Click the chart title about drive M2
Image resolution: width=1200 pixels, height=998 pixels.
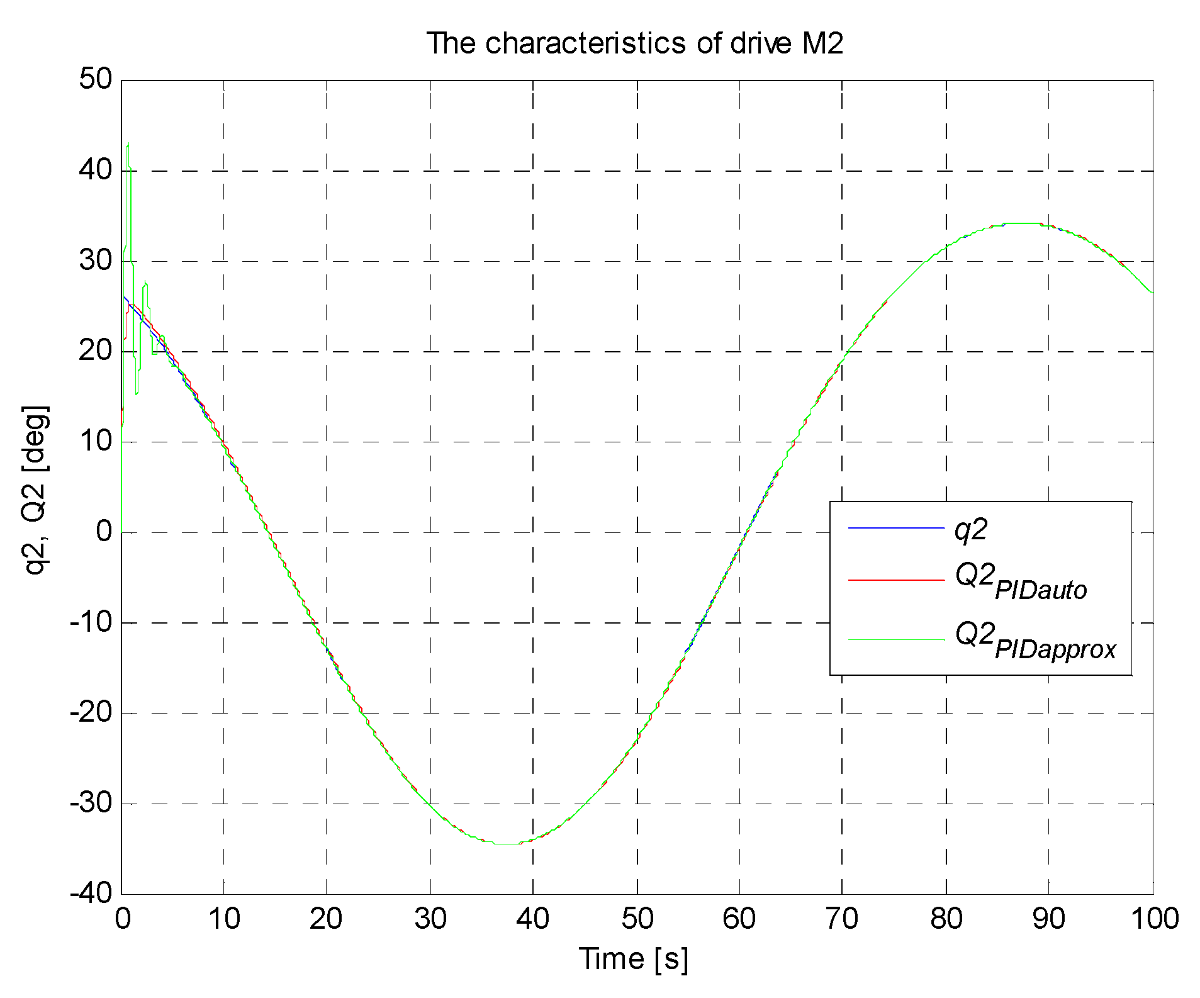[635, 43]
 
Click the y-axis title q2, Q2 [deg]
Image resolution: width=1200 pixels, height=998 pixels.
[36, 491]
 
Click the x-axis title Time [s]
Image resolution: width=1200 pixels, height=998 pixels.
[634, 959]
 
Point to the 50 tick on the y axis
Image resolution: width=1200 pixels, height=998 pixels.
[96, 80]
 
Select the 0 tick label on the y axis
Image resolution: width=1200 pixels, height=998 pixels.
[104, 532]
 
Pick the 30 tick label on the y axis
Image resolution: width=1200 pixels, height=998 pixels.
[96, 261]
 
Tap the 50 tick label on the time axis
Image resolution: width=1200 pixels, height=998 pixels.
[637, 919]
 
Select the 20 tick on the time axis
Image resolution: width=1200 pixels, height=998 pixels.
[326, 919]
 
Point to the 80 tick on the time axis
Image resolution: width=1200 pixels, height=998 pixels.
[946, 919]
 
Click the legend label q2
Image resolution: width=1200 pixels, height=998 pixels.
[971, 530]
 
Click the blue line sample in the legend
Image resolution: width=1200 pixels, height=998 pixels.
[897, 528]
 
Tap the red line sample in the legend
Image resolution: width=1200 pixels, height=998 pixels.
[897, 579]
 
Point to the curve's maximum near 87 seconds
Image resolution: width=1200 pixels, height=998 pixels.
[1023, 223]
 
